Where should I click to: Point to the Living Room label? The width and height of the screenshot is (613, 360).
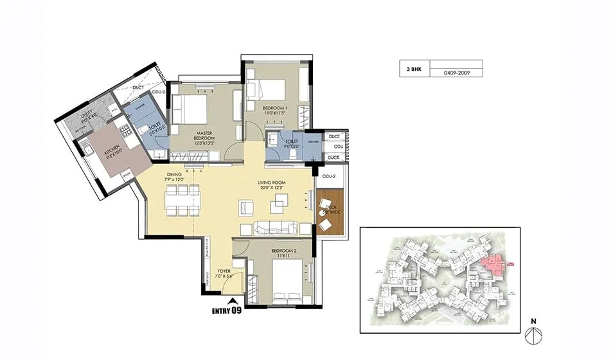click(x=272, y=185)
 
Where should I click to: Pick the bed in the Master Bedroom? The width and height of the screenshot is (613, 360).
click(x=191, y=110)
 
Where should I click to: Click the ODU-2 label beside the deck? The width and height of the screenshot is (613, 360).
click(x=330, y=177)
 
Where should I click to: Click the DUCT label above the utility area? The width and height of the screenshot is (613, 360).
click(x=138, y=89)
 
